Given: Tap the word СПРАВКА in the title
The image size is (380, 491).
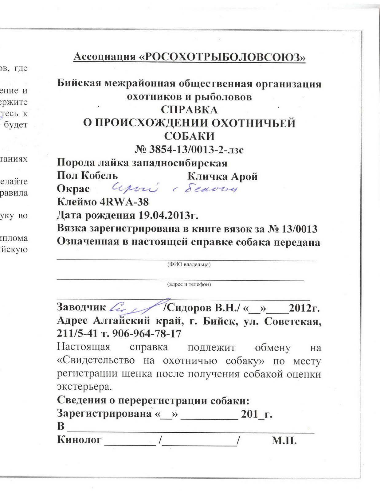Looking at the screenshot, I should pyautogui.click(x=189, y=110).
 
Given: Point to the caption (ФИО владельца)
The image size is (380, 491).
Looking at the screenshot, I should pyautogui.click(x=189, y=264).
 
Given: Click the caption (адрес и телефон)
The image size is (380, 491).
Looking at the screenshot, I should pyautogui.click(x=189, y=284).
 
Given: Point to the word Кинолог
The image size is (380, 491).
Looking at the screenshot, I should pyautogui.click(x=79, y=440).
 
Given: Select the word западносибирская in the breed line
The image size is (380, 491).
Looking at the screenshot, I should pyautogui.click(x=179, y=163).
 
